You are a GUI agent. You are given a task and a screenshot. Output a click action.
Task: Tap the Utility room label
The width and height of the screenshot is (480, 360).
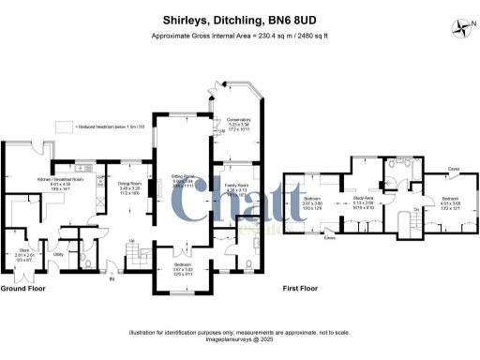click(58, 254)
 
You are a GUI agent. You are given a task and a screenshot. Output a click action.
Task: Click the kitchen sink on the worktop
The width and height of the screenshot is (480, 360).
click(82, 169)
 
